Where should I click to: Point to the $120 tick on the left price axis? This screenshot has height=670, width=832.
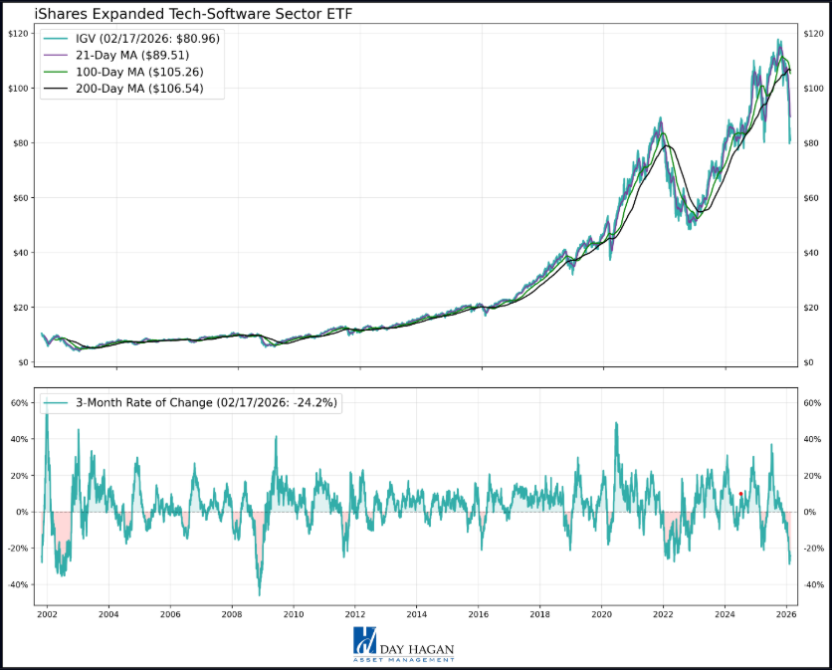pos(17,34)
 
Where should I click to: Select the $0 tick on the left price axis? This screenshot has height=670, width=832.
pos(21,362)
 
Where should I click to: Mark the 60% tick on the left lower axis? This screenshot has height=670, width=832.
pos(19,403)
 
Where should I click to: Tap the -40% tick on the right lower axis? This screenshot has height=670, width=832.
pos(814,585)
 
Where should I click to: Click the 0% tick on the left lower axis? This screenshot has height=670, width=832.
pos(21,513)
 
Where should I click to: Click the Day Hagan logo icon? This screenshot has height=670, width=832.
pos(365,644)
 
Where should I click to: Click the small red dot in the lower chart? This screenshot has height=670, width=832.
pos(740,494)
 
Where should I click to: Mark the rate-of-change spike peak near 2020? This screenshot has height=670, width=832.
pos(616,422)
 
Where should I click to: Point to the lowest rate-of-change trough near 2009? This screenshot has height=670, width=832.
pos(259,595)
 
